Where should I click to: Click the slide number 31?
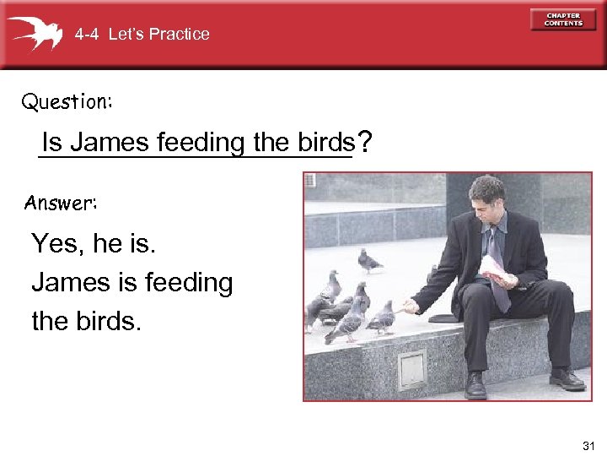pyautogui.click(x=588, y=444)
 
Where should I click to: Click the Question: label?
pyautogui.click(x=67, y=102)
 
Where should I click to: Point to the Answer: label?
pyautogui.click(x=61, y=203)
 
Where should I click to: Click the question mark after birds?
pyautogui.click(x=363, y=141)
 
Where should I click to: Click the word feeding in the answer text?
pyautogui.click(x=187, y=282)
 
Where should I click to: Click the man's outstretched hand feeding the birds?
pyautogui.click(x=408, y=304)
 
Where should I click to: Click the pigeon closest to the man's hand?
pyautogui.click(x=382, y=318)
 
